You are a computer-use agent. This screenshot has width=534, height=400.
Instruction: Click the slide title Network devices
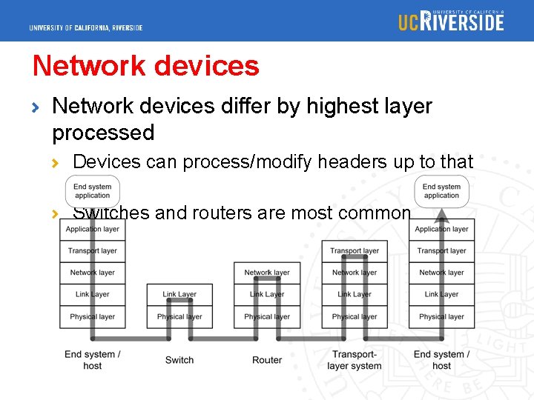[x=146, y=66]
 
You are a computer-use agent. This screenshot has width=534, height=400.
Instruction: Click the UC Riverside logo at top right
[x=451, y=21]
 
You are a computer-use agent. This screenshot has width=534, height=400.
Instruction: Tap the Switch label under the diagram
[x=179, y=360]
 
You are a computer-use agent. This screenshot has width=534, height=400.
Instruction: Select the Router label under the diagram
[x=267, y=360]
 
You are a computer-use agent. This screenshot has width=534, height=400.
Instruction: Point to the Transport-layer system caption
[x=355, y=360]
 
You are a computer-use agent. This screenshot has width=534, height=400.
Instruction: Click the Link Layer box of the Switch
[x=179, y=295]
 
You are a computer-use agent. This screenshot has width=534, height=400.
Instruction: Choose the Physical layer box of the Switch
[x=179, y=317]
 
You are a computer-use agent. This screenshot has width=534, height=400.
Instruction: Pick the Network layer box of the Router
[x=267, y=273]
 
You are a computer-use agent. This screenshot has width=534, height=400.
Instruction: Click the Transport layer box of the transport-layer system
[x=355, y=251]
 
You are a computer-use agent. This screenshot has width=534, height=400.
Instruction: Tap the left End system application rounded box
[x=93, y=191]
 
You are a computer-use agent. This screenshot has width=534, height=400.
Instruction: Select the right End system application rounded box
[x=442, y=191]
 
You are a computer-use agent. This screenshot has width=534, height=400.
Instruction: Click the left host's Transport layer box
[x=93, y=251]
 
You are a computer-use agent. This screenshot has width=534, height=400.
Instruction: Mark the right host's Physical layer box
[x=442, y=317]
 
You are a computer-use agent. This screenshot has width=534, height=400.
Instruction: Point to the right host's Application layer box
[x=442, y=230]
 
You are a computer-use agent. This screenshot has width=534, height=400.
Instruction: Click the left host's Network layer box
[x=93, y=273]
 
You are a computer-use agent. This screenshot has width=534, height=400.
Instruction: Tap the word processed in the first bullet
[x=103, y=133]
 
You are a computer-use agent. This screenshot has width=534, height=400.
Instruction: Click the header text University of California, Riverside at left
[x=86, y=28]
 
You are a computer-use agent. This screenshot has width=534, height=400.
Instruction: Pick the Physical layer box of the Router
[x=267, y=317]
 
